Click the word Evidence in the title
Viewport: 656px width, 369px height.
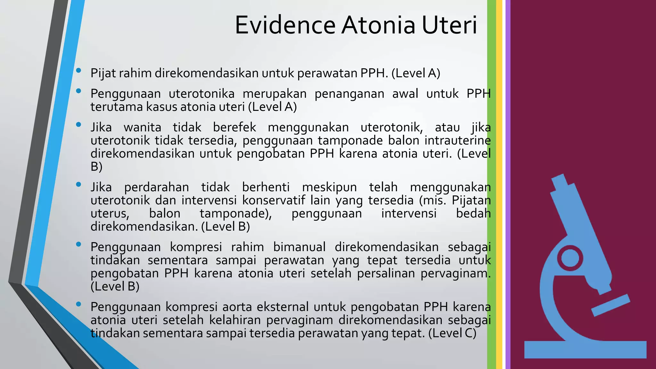pos(285,25)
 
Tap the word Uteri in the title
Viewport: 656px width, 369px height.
pos(449,25)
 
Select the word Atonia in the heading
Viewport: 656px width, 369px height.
pos(378,25)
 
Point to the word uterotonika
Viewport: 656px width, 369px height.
pos(201,94)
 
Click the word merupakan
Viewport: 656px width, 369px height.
pos(275,94)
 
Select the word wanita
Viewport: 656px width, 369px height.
pos(143,127)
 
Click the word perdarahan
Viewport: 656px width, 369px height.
pos(157,187)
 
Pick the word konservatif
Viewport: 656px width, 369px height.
pos(274,200)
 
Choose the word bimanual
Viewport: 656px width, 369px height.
pos(299,247)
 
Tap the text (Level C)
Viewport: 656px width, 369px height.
pos(452,333)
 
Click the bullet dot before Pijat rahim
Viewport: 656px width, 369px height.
pos(78,70)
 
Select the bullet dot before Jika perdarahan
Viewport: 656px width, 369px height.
pos(78,184)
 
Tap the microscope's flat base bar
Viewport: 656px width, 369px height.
pos(585,349)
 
